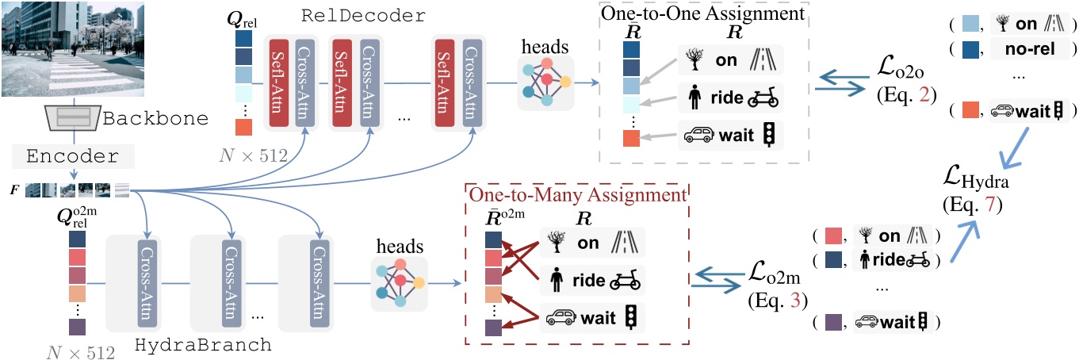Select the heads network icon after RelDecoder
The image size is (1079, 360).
click(x=545, y=82)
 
